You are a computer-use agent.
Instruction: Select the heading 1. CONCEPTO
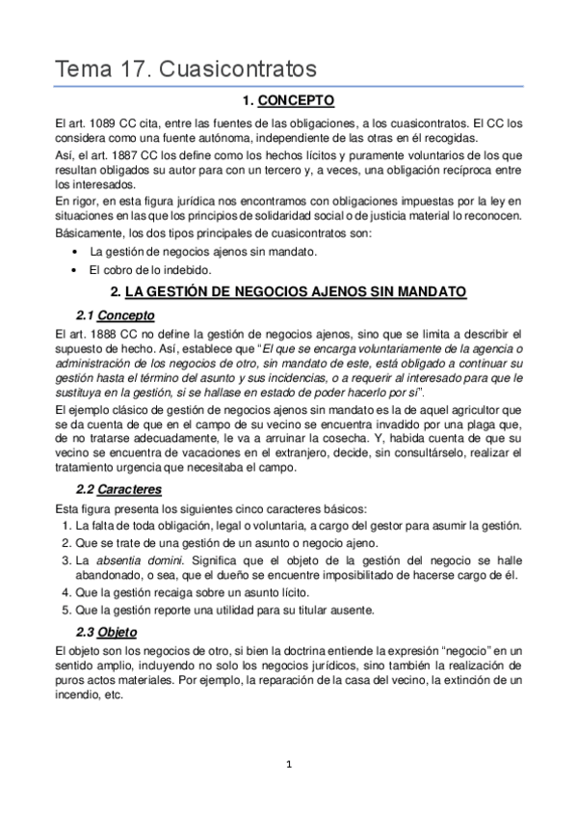pos(288,100)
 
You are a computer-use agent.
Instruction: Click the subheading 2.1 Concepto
pos(114,315)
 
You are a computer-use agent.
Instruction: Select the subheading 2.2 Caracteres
pos(118,490)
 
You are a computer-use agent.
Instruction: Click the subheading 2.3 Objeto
pos(106,632)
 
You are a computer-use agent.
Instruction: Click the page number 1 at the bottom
pos(288,765)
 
